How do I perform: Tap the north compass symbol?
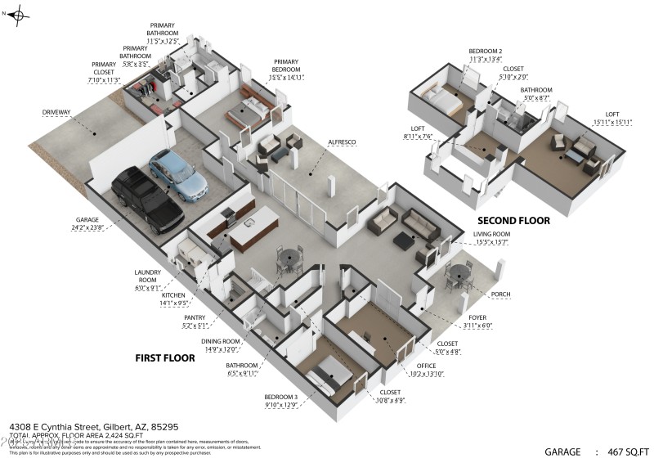click(x=20, y=14)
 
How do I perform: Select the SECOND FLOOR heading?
click(x=513, y=221)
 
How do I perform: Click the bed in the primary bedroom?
click(x=249, y=110)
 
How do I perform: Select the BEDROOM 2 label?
click(x=485, y=52)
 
